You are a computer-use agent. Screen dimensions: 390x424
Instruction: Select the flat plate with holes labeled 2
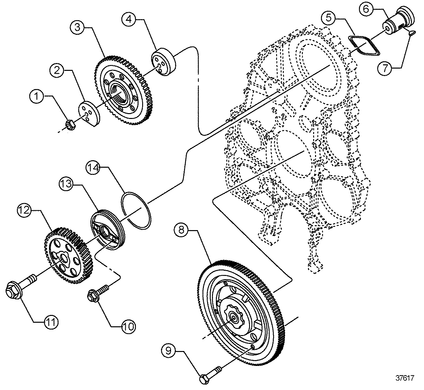pos(89,113)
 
